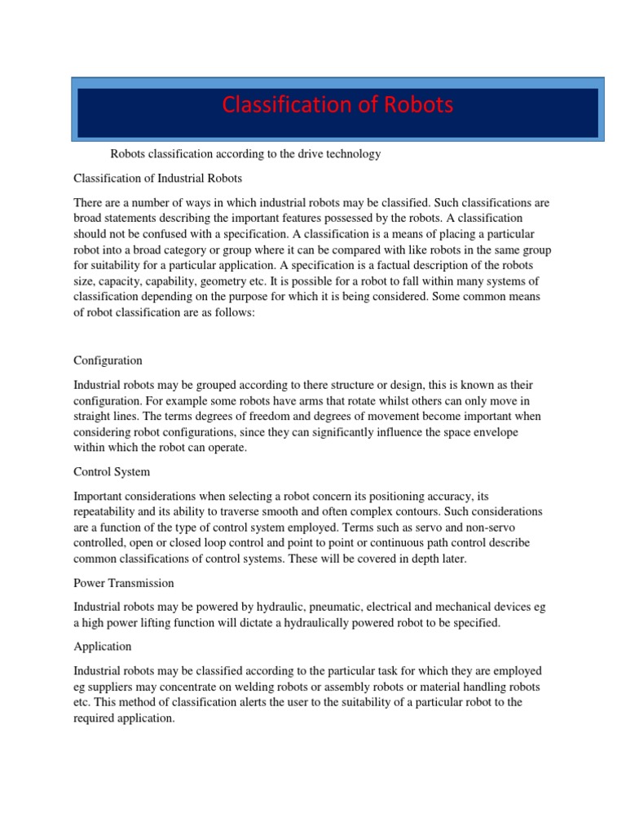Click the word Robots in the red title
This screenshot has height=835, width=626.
(x=414, y=106)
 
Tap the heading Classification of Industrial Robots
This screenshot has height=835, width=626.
(x=158, y=178)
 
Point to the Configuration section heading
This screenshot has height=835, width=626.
(x=108, y=360)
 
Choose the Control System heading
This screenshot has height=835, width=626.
(x=112, y=472)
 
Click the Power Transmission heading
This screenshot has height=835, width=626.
(x=123, y=583)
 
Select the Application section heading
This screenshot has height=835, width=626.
(x=102, y=647)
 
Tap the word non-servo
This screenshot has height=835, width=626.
(x=510, y=527)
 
